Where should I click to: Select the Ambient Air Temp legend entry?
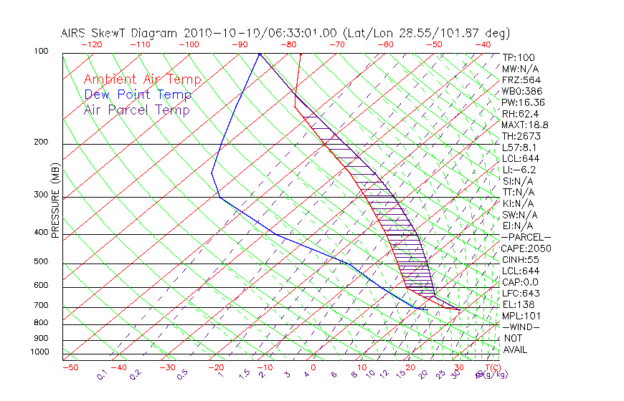(x=142, y=79)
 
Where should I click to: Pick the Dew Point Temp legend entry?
(x=138, y=95)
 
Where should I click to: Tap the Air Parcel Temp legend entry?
(x=137, y=110)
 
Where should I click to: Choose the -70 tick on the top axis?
(x=336, y=44)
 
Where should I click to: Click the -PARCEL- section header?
(x=526, y=237)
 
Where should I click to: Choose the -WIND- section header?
(x=521, y=327)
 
